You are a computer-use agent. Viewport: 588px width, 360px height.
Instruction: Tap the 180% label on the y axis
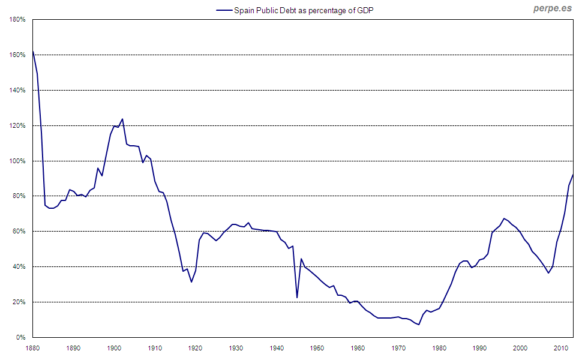point(17,20)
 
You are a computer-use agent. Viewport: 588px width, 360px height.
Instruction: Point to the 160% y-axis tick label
point(17,55)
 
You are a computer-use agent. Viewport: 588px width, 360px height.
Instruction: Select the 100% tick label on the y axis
point(17,161)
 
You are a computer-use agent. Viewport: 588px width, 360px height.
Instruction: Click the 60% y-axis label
point(19,232)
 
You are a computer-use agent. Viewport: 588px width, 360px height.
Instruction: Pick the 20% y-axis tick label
point(19,302)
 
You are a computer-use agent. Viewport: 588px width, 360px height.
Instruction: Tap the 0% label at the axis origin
point(21,338)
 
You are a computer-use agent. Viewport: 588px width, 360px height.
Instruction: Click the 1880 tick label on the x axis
point(32,348)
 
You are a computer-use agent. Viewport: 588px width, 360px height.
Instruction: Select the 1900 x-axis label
point(114,348)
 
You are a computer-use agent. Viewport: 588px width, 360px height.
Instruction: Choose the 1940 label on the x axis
point(277,348)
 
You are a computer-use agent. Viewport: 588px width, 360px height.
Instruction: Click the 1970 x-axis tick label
point(398,348)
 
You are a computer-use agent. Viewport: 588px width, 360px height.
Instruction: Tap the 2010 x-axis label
point(561,348)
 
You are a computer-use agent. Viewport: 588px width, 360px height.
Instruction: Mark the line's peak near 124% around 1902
point(122,119)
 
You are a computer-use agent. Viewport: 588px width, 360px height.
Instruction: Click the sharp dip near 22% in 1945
point(297,298)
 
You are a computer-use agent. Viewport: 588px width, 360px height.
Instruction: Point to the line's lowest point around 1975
point(419,325)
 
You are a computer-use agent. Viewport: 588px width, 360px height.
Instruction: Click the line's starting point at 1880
point(33,52)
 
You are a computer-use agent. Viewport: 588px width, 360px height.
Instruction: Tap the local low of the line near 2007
point(548,273)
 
